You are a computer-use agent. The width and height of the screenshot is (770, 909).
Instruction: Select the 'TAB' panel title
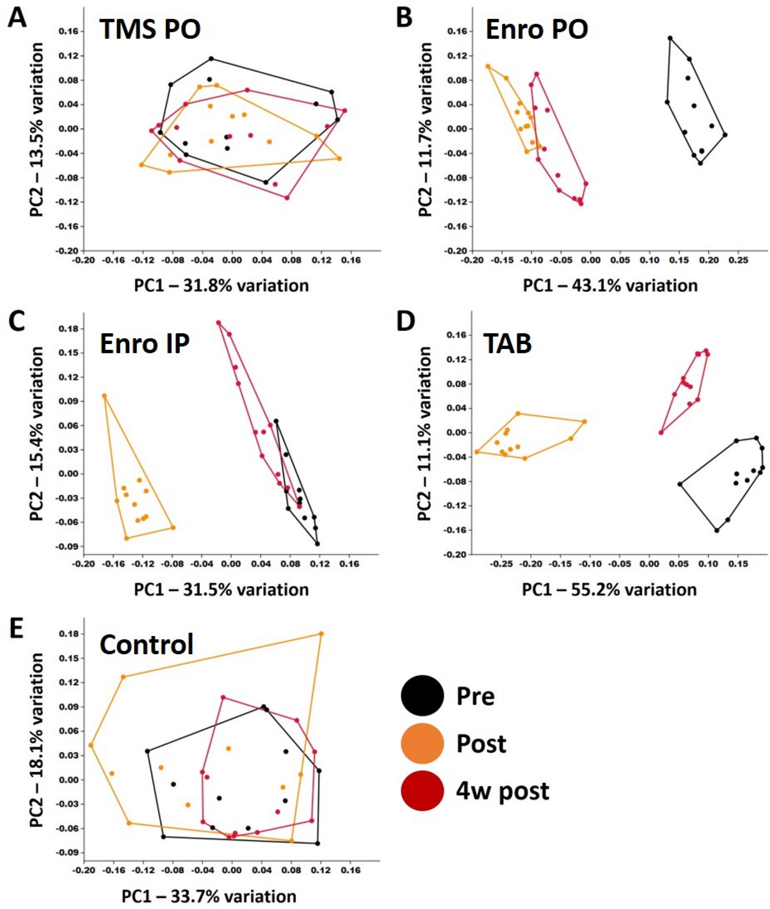pyautogui.click(x=507, y=343)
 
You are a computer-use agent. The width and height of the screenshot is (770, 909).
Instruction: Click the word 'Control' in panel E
pyautogui.click(x=147, y=644)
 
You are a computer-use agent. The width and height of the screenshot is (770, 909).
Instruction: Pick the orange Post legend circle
pyautogui.click(x=422, y=743)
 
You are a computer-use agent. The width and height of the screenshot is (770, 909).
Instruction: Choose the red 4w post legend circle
pyautogui.click(x=422, y=791)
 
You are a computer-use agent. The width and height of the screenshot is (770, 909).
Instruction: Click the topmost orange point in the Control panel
pyautogui.click(x=321, y=633)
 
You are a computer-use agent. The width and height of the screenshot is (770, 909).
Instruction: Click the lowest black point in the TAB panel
pyautogui.click(x=716, y=530)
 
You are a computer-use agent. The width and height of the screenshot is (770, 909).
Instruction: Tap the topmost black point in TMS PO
pyautogui.click(x=211, y=59)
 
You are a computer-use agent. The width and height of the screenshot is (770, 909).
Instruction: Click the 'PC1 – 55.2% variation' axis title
pyautogui.click(x=609, y=590)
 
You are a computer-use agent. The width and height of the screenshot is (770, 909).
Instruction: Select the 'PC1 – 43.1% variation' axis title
pyautogui.click(x=610, y=286)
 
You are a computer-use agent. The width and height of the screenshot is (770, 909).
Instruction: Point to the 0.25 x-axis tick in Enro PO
pyautogui.click(x=742, y=260)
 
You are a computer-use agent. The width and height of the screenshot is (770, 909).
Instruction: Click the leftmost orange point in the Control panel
pyautogui.click(x=91, y=745)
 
